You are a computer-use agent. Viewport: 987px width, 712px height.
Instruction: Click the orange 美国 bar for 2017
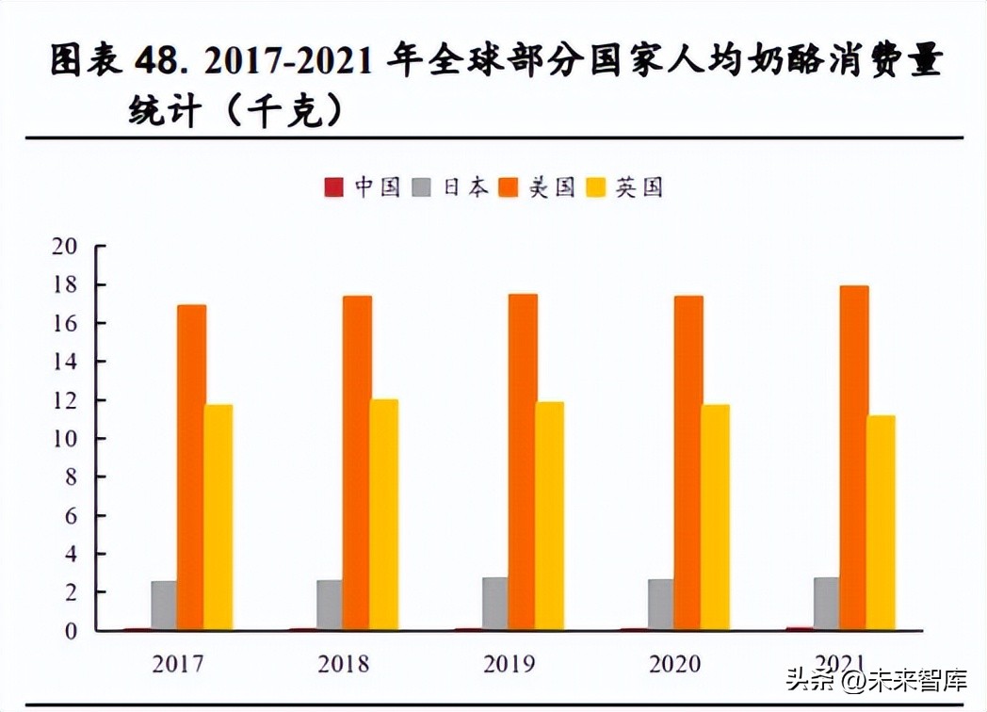191,467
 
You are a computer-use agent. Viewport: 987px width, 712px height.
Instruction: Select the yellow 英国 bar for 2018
383,514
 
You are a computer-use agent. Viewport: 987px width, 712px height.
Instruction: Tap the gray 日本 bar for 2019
495,604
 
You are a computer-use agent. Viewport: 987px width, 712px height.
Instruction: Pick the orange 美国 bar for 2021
854,458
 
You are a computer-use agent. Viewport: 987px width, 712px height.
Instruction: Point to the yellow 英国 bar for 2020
715,517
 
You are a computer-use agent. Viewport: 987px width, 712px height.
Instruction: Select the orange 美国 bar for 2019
523,461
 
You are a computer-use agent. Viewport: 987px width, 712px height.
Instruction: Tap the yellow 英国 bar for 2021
881,523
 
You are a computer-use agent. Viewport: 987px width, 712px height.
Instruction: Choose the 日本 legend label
466,187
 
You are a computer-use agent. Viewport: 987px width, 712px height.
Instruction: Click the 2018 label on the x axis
344,664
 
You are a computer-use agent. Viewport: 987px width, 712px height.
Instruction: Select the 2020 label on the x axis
674,664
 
